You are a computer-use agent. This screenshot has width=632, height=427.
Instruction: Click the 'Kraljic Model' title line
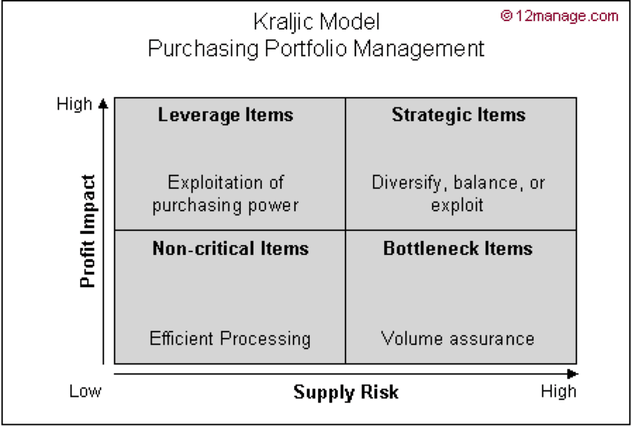pyautogui.click(x=316, y=22)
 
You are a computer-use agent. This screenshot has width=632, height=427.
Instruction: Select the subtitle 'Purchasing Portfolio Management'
pyautogui.click(x=316, y=48)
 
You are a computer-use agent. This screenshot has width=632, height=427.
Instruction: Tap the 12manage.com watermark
pyautogui.click(x=560, y=16)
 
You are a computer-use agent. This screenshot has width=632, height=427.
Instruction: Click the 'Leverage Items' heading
pyautogui.click(x=225, y=114)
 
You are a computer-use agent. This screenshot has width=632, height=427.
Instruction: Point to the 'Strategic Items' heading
pyautogui.click(x=459, y=114)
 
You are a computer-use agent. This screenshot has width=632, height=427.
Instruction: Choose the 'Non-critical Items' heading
pyautogui.click(x=230, y=248)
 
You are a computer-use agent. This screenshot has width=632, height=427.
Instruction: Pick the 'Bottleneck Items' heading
pyautogui.click(x=458, y=248)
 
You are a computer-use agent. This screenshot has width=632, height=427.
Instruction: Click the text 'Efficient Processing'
pyautogui.click(x=230, y=339)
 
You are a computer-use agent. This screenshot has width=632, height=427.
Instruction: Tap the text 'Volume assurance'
pyautogui.click(x=458, y=339)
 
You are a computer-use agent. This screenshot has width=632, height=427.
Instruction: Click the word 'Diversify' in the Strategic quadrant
pyautogui.click(x=409, y=183)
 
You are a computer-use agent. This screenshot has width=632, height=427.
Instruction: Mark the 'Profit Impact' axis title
pyautogui.click(x=87, y=232)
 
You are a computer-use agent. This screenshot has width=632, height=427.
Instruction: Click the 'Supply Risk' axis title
pyautogui.click(x=346, y=392)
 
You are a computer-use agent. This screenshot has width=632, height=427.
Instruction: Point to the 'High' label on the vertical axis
pyautogui.click(x=74, y=104)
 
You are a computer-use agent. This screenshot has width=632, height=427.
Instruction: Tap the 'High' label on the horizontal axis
pyautogui.click(x=559, y=391)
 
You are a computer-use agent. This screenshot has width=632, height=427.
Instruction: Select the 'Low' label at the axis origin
pyautogui.click(x=85, y=391)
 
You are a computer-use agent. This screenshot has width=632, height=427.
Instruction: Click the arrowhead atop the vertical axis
pyautogui.click(x=104, y=103)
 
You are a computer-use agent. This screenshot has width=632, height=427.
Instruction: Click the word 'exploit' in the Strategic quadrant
pyautogui.click(x=458, y=205)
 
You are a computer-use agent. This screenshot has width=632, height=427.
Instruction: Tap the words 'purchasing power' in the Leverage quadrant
pyautogui.click(x=225, y=205)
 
